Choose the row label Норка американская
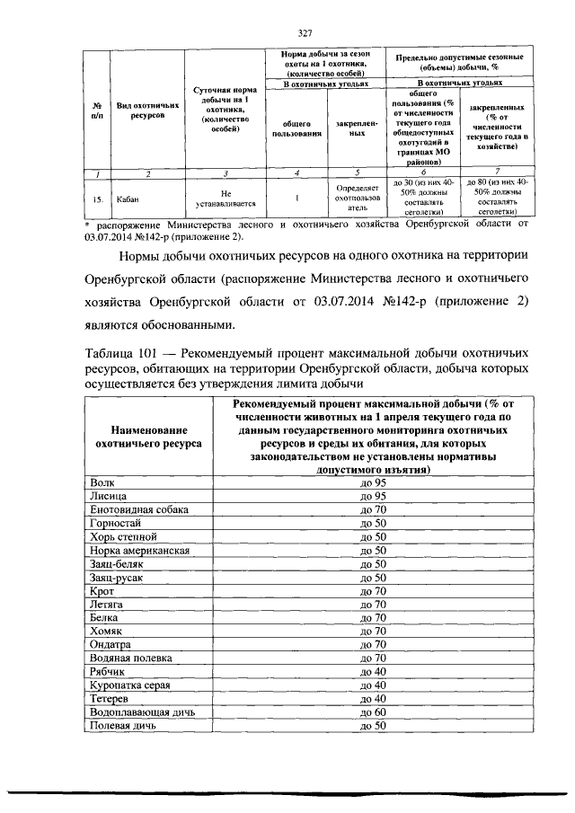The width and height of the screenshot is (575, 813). [x=137, y=549]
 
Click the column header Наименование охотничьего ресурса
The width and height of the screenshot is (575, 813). [x=147, y=437]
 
